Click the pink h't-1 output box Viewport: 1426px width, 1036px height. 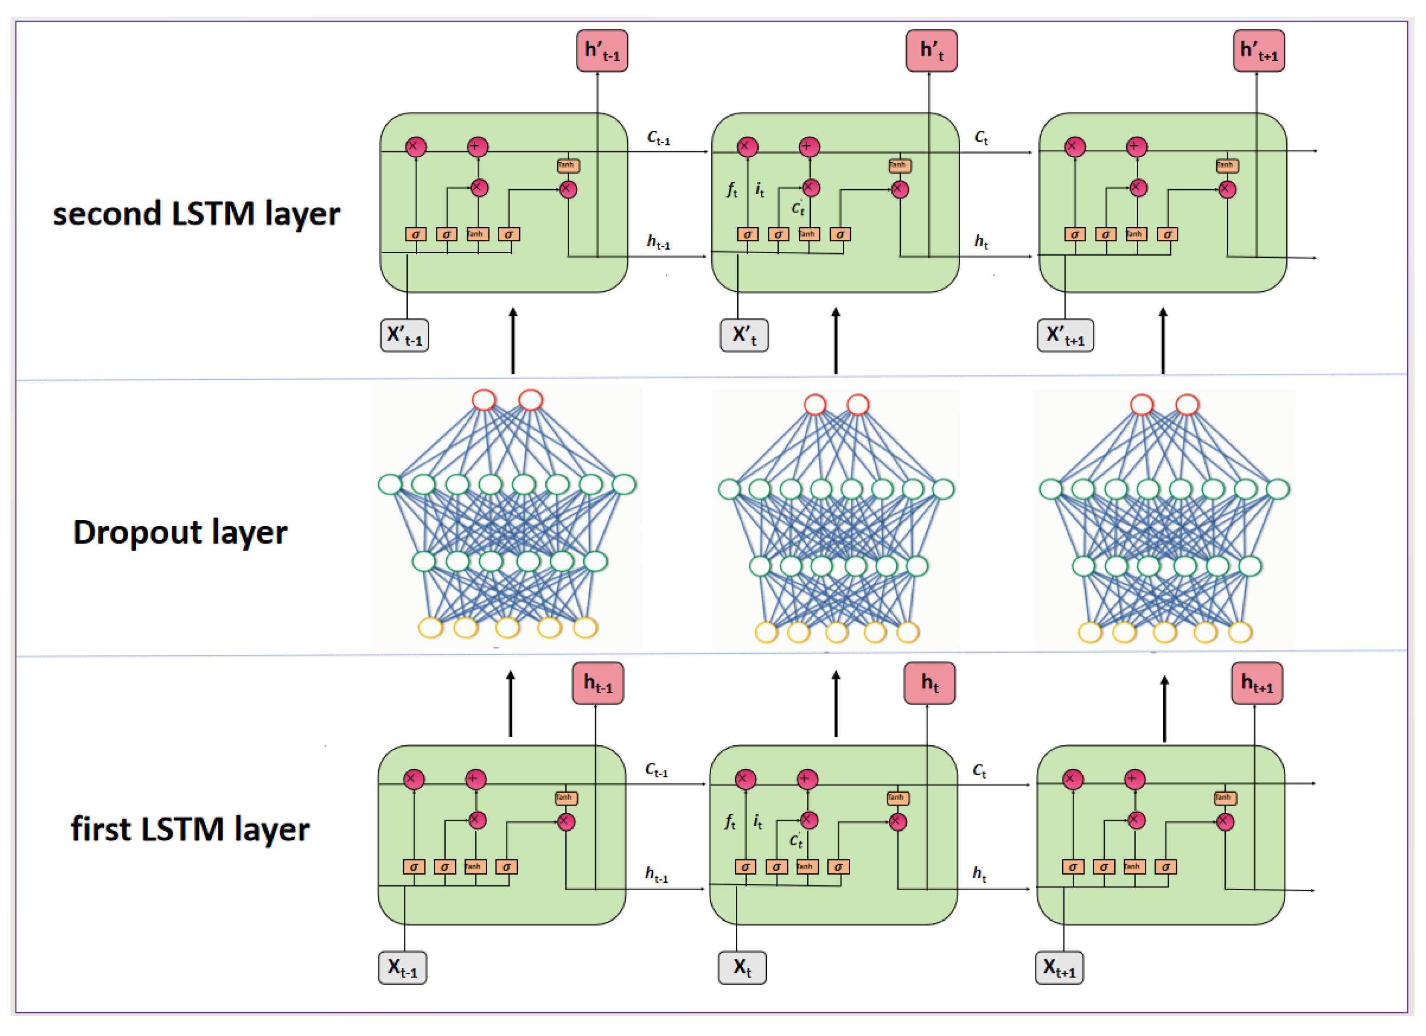pos(602,50)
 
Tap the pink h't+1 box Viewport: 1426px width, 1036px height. pos(1259,50)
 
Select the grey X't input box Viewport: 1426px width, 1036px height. pos(744,335)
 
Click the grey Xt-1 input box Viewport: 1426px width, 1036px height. pos(402,967)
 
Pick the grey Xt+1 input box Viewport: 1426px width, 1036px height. pos(1059,967)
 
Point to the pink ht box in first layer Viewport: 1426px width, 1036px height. pos(929,683)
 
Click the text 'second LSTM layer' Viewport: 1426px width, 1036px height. pos(196,214)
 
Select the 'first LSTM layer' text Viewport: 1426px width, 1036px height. pos(190,828)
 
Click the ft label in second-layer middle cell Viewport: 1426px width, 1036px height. pos(731,189)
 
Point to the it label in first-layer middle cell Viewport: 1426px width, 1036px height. pos(758,822)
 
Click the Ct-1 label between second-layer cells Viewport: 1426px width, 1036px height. pos(658,138)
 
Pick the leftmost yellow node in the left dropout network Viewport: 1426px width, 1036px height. pos(431,628)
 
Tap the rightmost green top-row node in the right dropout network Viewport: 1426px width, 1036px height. pos(1277,489)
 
